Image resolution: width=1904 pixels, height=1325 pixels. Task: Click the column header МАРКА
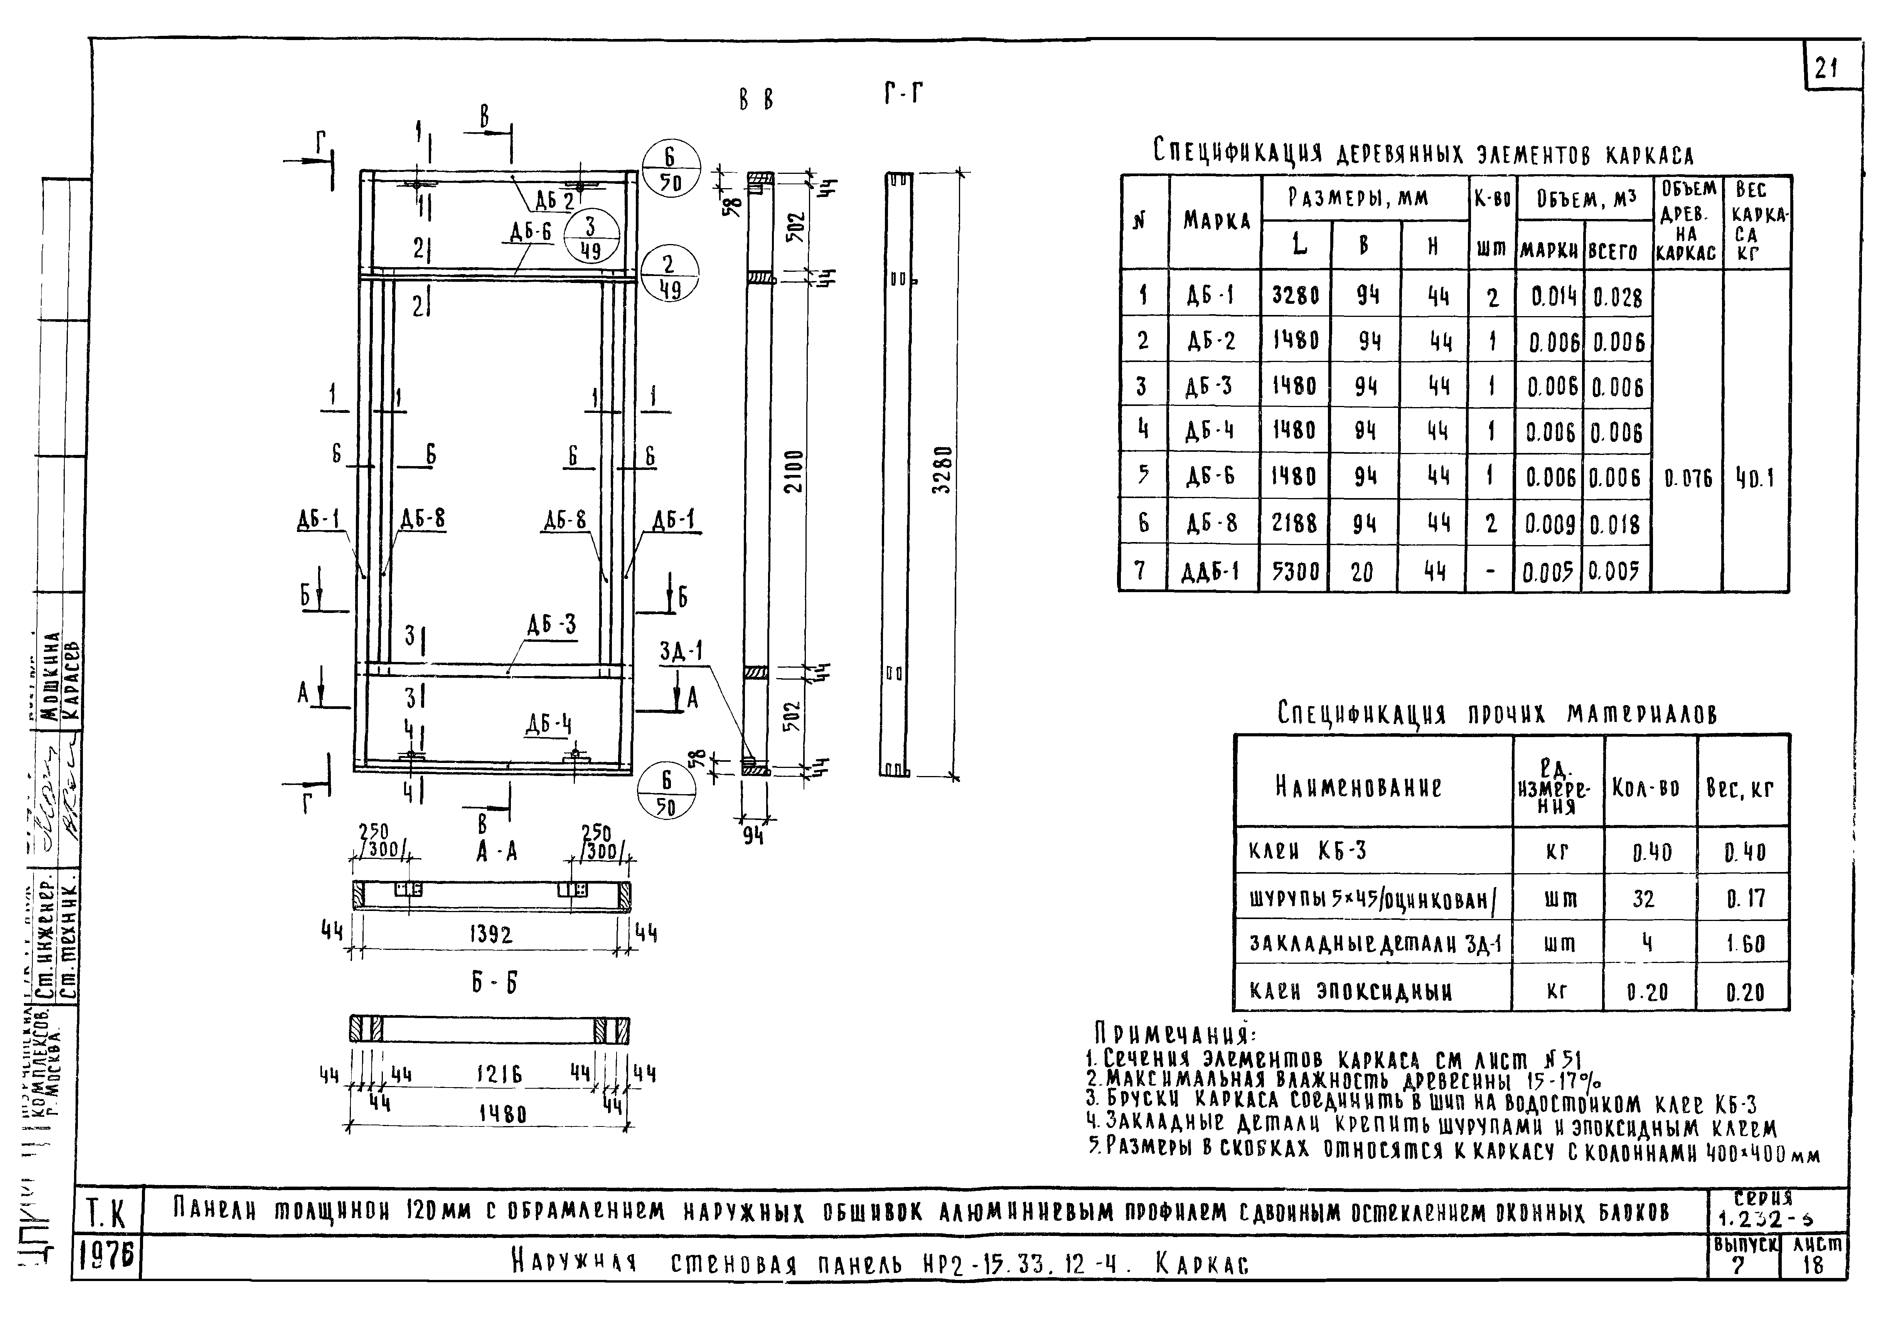1216,221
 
